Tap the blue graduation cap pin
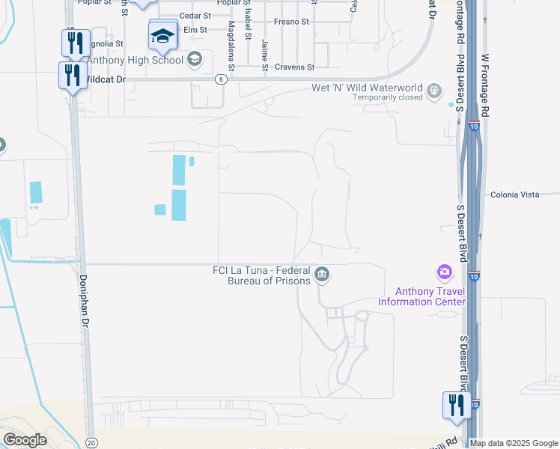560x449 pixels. point(163,34)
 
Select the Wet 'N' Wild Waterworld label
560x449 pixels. point(368,88)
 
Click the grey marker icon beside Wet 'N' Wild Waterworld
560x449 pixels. point(434,92)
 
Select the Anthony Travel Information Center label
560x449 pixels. point(421,296)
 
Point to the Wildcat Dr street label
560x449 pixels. point(107,78)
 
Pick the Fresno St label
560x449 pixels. point(291,22)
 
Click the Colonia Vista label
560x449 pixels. point(515,195)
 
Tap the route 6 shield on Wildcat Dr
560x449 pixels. point(220,79)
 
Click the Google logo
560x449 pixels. point(25,440)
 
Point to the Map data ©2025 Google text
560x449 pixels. point(514,443)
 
